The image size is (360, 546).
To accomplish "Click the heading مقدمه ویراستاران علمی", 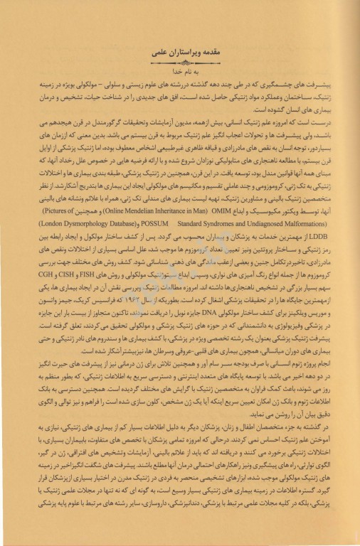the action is [180, 55].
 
